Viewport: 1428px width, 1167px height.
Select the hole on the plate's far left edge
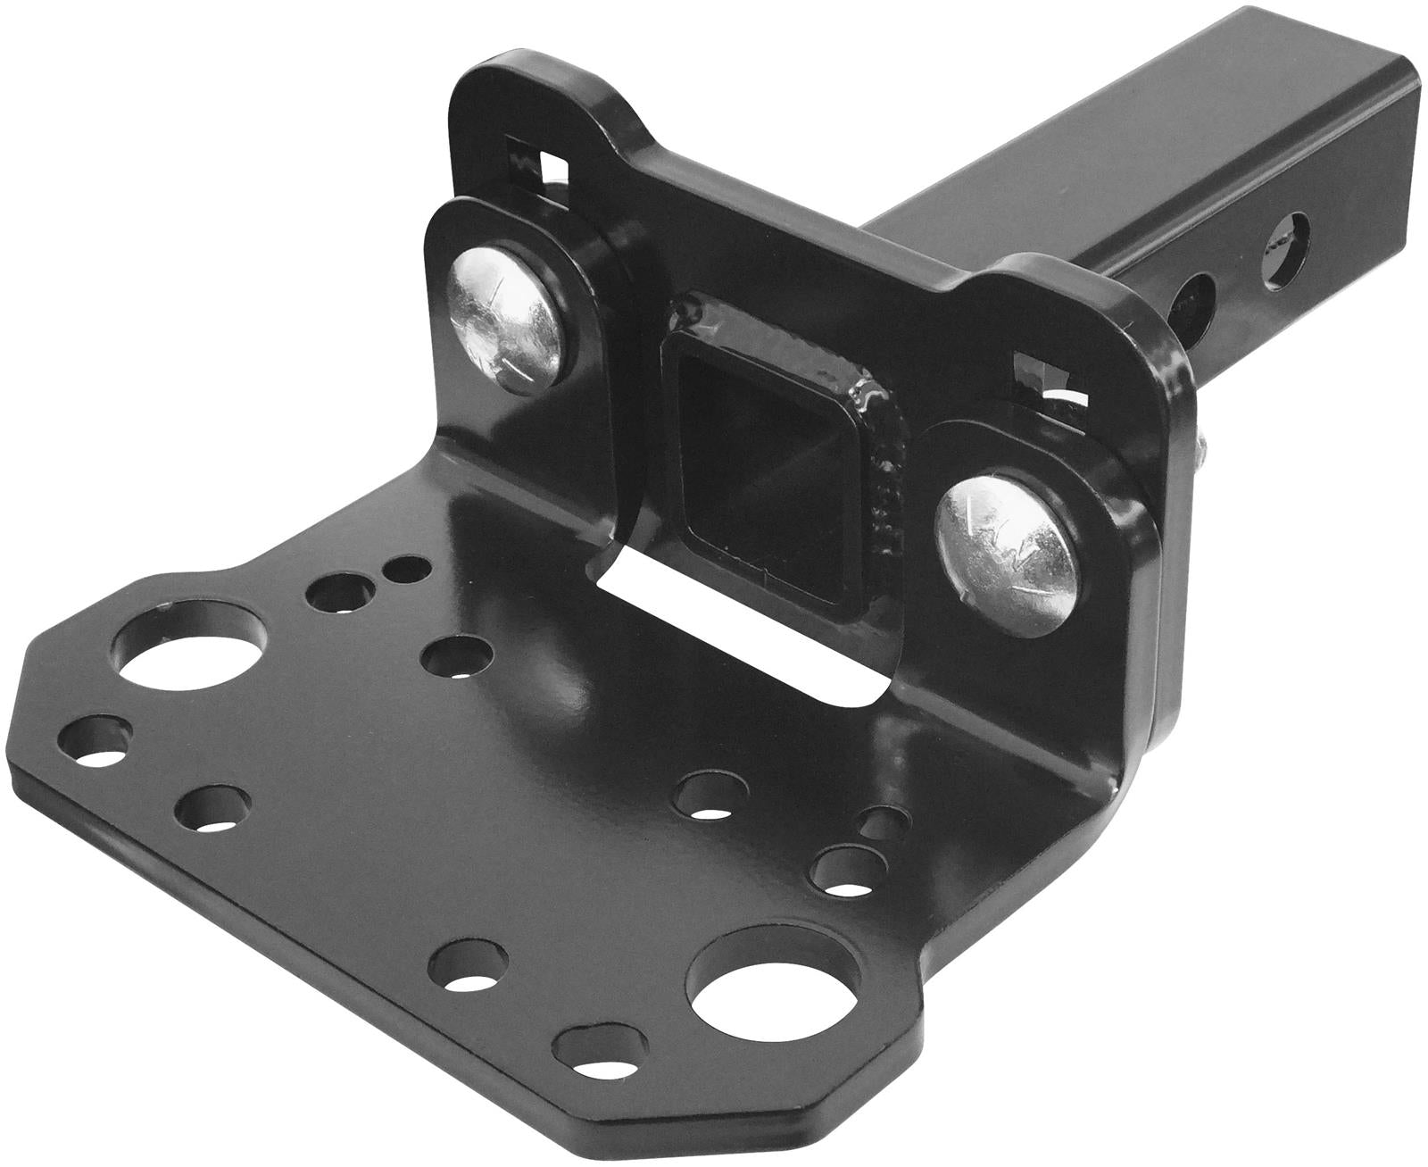pyautogui.click(x=95, y=740)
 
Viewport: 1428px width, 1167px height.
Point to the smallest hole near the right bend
pyautogui.click(x=883, y=821)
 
